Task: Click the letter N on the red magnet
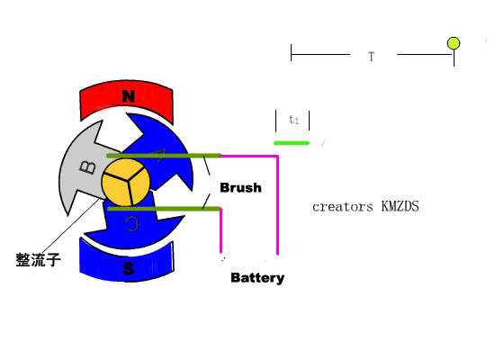129,96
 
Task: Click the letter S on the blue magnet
128,269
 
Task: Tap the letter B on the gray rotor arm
87,167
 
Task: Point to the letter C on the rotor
131,223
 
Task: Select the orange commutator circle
126,182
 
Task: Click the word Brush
240,187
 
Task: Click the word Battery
257,278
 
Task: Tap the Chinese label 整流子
38,260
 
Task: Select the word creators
343,207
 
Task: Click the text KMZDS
400,206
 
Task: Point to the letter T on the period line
371,57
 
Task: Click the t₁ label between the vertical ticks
293,119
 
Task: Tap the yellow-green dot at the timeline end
454,43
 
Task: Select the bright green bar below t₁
292,143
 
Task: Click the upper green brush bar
164,156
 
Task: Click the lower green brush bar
165,209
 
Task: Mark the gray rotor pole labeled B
83,167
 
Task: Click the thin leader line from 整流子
72,225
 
